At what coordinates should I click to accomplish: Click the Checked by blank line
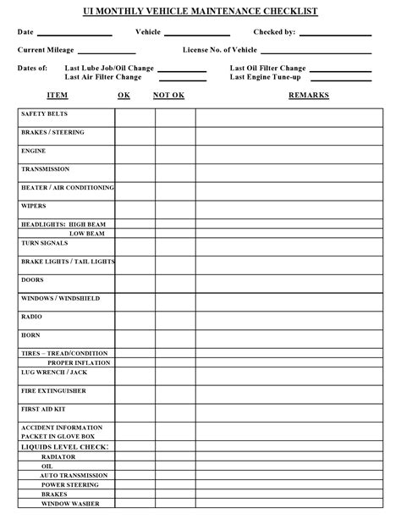coord(335,34)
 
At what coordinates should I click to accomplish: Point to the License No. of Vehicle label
coord(220,50)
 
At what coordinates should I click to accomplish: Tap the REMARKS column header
coord(308,95)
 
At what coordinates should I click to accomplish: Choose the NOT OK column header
coord(168,95)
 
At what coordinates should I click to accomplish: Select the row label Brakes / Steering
coord(52,132)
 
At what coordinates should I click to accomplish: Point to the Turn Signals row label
coord(44,243)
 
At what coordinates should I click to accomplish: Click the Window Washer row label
coord(70,505)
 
